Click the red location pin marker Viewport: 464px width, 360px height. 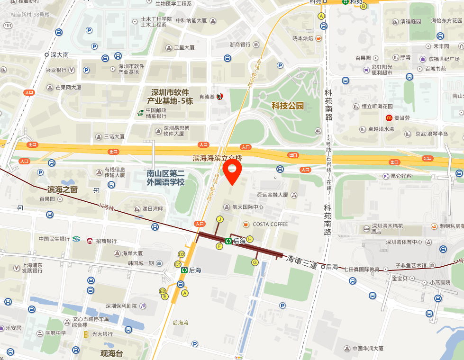click(x=232, y=171)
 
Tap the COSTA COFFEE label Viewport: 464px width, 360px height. click(x=270, y=224)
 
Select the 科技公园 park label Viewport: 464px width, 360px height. click(x=287, y=106)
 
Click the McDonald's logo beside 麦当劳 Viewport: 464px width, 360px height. click(x=389, y=118)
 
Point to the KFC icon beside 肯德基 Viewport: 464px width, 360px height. click(x=219, y=97)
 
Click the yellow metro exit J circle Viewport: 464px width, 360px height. click(x=219, y=219)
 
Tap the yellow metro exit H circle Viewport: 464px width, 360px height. click(x=250, y=239)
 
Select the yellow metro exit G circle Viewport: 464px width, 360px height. click(x=255, y=262)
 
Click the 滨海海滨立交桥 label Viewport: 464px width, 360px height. click(x=217, y=158)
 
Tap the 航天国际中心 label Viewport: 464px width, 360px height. click(x=248, y=207)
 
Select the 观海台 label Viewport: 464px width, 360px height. click(x=112, y=353)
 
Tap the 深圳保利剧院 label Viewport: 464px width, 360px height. click(x=121, y=306)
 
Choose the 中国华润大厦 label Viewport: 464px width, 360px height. click(x=368, y=349)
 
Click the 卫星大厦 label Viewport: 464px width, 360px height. click(x=184, y=47)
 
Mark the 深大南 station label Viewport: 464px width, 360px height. click(x=60, y=55)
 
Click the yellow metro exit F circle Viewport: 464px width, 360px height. click(x=219, y=246)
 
